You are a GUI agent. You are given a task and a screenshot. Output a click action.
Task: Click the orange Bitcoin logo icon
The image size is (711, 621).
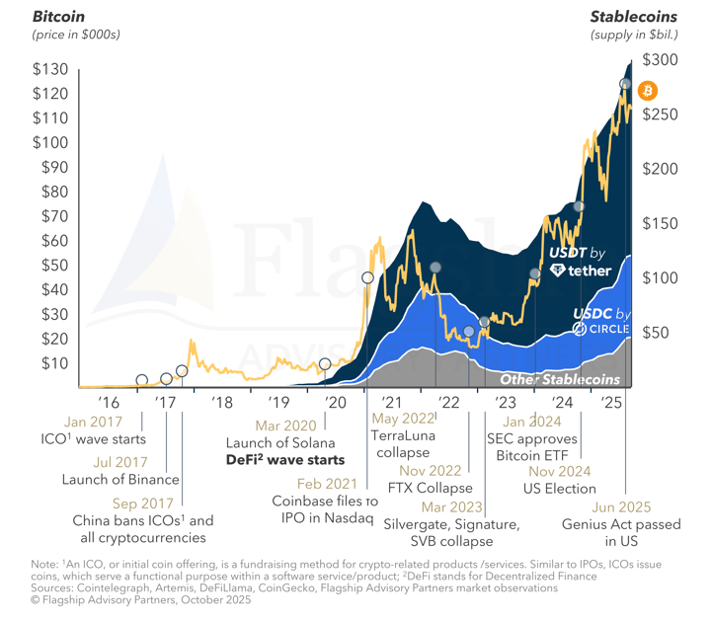[648, 91]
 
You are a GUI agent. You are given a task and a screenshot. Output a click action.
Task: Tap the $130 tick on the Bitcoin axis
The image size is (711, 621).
[51, 69]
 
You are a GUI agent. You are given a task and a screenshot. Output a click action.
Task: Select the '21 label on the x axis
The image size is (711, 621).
[392, 403]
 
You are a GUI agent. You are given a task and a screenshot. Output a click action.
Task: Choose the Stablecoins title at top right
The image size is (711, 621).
[633, 17]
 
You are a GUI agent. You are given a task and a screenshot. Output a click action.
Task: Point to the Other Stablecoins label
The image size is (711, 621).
[560, 379]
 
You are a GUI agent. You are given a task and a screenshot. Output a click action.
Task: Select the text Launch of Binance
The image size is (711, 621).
[120, 480]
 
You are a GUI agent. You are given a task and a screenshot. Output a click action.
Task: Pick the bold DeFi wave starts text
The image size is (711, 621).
[285, 460]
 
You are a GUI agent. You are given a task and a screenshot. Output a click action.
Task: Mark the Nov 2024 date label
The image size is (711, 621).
[562, 471]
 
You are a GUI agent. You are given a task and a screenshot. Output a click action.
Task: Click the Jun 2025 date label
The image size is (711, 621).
[620, 506]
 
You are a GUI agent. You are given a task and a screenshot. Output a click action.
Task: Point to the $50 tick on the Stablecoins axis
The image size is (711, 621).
[659, 333]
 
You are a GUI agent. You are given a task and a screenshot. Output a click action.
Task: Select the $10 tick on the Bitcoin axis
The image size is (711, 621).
[51, 363]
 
